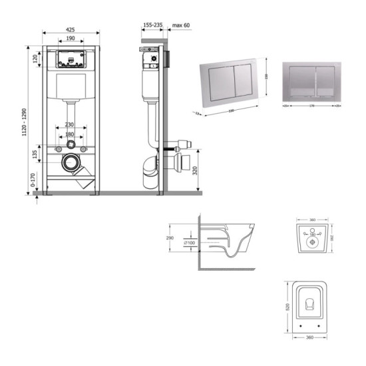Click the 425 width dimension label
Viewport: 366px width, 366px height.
(70, 29)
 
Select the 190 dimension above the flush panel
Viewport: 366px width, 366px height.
(70, 40)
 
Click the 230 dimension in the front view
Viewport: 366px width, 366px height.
(70, 124)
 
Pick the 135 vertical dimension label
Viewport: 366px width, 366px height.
(35, 154)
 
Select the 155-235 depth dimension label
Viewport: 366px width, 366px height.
(152, 25)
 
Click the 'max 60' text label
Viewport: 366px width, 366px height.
(181, 25)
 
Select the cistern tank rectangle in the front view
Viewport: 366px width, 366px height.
(70, 85)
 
